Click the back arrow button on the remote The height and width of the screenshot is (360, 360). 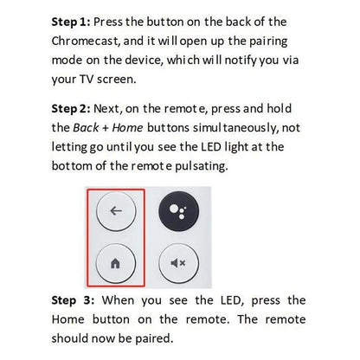pos(115,210)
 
